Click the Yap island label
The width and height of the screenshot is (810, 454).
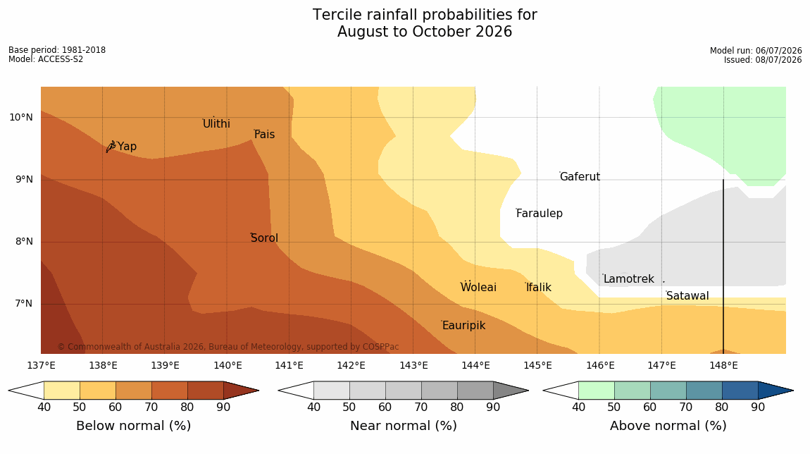pos(127,147)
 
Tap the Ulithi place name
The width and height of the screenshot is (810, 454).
pos(216,123)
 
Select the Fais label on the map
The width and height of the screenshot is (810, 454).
pos(265,135)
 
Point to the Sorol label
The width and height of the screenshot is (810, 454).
pos(265,238)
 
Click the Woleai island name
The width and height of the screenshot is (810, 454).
pos(478,287)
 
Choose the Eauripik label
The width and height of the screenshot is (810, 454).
pos(464,325)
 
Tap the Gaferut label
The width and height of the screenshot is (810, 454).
pos(580,177)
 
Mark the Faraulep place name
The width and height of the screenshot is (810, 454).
pos(540,213)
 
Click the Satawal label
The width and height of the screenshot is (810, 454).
pos(687,296)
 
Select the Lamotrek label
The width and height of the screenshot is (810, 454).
pos(629,279)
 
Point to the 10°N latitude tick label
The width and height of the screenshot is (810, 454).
pos(20,118)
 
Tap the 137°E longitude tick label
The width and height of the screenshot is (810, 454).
pos(42,366)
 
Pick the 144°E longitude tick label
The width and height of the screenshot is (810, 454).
pos(475,366)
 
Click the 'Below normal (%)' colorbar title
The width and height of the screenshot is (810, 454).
pos(133,426)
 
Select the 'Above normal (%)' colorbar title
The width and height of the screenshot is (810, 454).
pos(668,426)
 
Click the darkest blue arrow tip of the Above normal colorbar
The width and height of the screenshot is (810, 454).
pos(792,391)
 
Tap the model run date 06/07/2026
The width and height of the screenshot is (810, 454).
pos(778,51)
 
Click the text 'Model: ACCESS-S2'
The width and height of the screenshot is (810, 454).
pos(46,59)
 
